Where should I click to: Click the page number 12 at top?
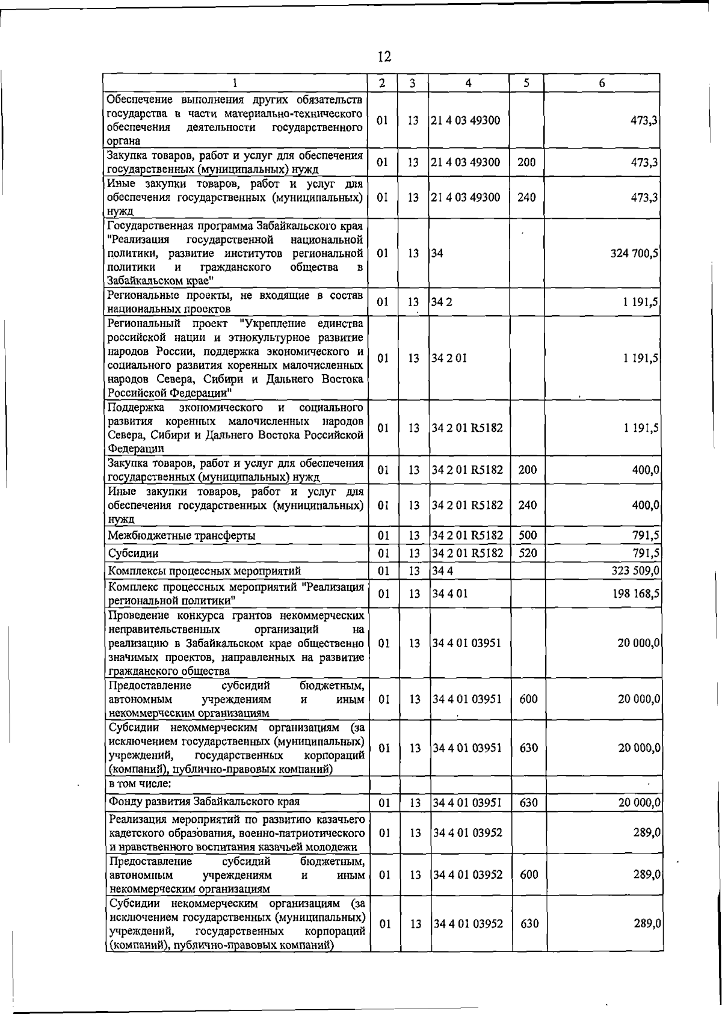(384, 57)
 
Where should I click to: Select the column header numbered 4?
(467, 83)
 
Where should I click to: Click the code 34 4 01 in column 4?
(450, 594)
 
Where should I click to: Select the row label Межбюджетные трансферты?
(181, 535)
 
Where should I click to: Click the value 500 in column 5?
(527, 535)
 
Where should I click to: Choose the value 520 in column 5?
(527, 553)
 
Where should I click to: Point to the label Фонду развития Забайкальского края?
(204, 802)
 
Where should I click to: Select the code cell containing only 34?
(437, 253)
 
